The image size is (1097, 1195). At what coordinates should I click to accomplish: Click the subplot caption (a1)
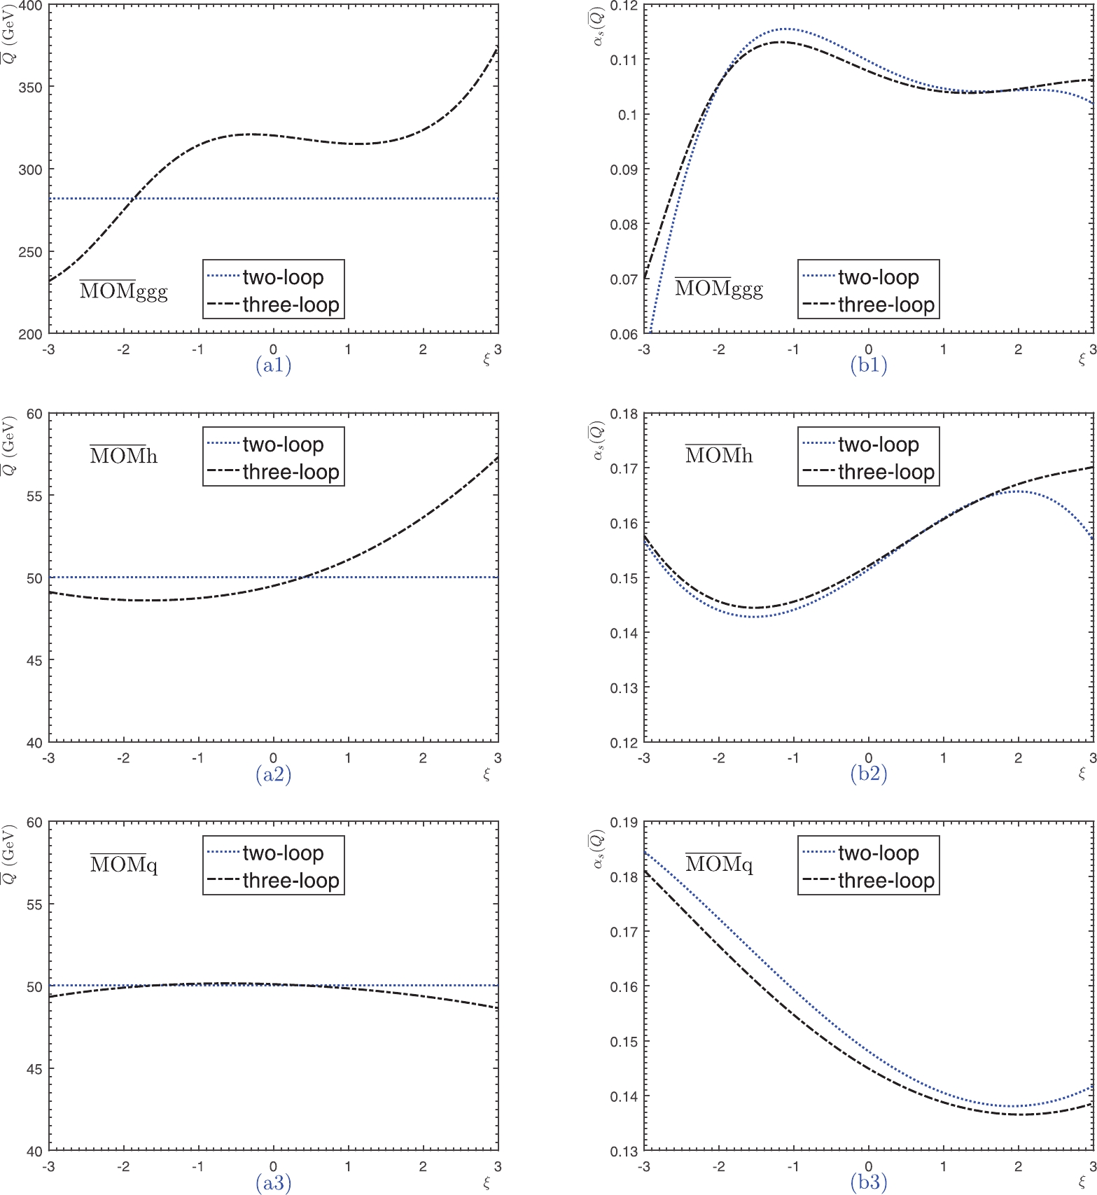coord(273,365)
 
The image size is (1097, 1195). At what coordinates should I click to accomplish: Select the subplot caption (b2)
coord(868,774)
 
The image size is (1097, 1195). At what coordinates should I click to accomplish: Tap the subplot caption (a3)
coord(273,1182)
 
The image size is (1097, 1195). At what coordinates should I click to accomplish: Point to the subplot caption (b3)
coord(868,1182)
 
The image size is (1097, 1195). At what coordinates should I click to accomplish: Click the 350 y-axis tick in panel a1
coord(30,88)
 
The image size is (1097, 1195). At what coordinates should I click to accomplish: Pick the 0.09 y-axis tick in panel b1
coord(623,169)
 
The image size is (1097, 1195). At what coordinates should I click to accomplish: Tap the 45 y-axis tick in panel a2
coord(34,660)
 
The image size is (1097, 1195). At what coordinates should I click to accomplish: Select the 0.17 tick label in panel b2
coord(623,468)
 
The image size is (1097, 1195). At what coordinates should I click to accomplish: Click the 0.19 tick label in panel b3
coord(623,823)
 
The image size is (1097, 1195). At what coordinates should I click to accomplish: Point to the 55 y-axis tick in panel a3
coord(34,904)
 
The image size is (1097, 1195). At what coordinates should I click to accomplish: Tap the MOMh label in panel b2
coord(719,455)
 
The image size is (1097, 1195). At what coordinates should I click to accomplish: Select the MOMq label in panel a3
coord(124,864)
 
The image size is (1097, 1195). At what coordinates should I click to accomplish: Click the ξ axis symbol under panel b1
coord(1082,360)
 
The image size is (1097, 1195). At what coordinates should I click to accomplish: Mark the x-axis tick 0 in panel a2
coord(273,758)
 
